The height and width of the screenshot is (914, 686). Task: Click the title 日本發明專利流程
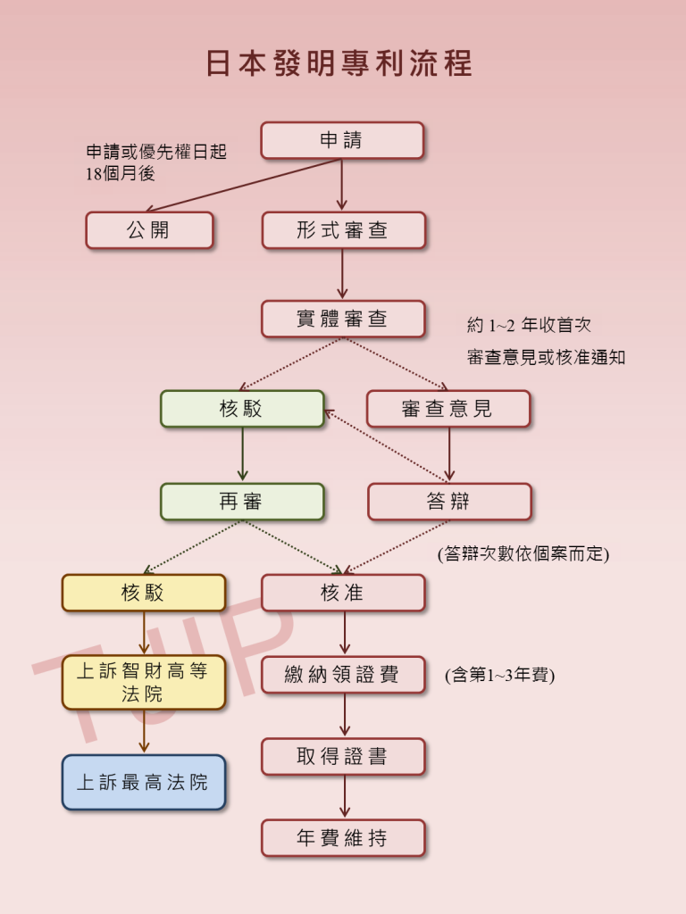[x=339, y=63]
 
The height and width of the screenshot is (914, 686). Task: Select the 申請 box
[x=342, y=140]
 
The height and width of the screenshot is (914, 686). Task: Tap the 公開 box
[x=149, y=230]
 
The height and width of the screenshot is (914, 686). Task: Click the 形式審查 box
[x=344, y=230]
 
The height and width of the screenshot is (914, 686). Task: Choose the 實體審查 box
[x=343, y=319]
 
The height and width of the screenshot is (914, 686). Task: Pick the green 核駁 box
[x=242, y=409]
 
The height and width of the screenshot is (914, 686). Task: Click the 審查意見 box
[x=448, y=409]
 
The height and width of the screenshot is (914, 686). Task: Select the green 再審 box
[x=242, y=502]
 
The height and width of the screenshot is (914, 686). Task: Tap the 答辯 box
[x=449, y=502]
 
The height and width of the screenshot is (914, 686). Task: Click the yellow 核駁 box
[x=144, y=593]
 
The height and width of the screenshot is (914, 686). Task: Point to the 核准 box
[x=343, y=593]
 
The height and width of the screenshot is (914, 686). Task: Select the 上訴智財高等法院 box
[x=144, y=683]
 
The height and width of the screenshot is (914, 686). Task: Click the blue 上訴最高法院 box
[x=144, y=782]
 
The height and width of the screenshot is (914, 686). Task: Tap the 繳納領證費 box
[x=343, y=675]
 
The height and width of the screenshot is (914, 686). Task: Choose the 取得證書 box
[x=343, y=757]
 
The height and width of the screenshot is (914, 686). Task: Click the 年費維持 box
[x=343, y=837]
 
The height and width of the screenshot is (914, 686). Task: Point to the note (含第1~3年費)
[x=500, y=675]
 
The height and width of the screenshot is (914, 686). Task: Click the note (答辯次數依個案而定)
[x=523, y=553]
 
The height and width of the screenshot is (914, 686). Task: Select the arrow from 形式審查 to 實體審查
[x=342, y=274]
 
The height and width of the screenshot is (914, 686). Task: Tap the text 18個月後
[x=121, y=173]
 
